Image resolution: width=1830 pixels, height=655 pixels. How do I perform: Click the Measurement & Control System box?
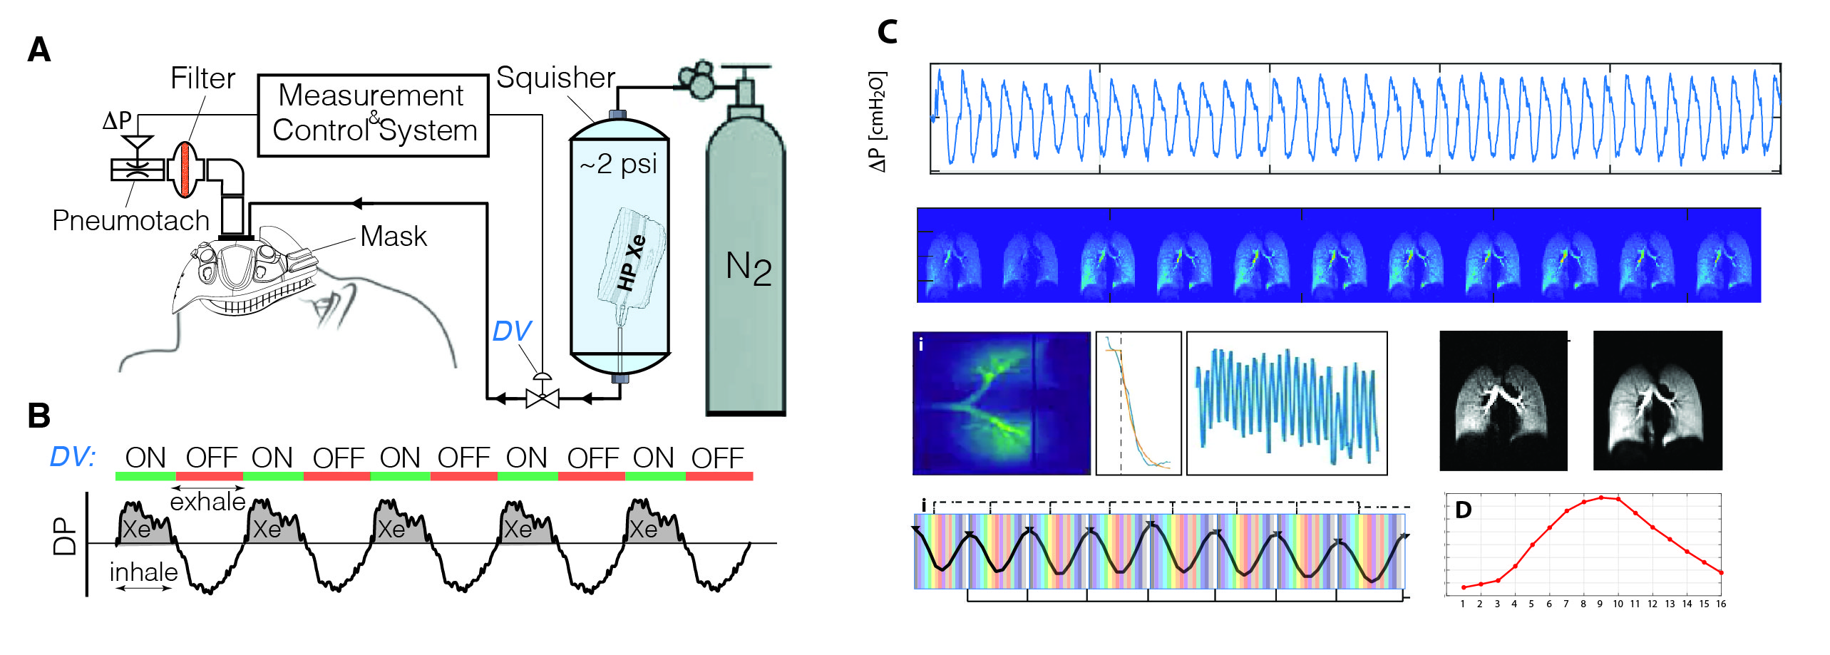(373, 115)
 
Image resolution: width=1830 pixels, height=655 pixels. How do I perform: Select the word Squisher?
(555, 78)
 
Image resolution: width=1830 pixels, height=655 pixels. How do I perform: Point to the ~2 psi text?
(618, 164)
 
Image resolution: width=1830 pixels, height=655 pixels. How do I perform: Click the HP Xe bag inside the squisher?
(631, 260)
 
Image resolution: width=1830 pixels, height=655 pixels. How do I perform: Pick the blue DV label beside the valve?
(511, 331)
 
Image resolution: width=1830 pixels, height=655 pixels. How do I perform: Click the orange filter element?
(186, 170)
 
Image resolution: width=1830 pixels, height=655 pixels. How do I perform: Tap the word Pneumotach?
(131, 221)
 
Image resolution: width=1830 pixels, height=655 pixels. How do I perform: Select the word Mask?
(394, 237)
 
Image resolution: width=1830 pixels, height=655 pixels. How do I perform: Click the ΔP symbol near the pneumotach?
(117, 120)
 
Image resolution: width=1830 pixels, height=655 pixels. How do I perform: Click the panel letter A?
(39, 50)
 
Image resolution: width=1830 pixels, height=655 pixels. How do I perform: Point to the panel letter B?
(39, 416)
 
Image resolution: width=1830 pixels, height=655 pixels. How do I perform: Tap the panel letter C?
(887, 32)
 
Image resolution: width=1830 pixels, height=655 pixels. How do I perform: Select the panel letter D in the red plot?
(1463, 510)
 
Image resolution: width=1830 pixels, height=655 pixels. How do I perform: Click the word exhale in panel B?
(207, 502)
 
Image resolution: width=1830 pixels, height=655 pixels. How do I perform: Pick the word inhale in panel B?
(143, 572)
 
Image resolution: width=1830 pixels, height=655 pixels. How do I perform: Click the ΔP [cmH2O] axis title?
(878, 121)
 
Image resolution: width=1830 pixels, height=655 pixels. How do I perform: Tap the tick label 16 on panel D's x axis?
(1721, 604)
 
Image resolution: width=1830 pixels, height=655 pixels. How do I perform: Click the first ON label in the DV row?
(145, 458)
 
